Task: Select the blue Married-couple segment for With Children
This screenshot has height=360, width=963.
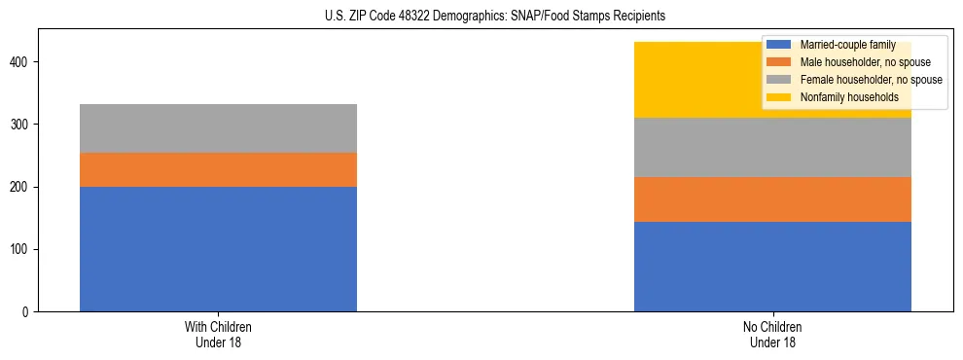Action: point(218,249)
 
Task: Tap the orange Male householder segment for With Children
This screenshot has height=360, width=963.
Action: point(218,169)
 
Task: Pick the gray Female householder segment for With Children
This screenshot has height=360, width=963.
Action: point(218,128)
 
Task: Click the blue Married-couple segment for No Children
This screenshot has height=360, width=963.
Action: point(772,267)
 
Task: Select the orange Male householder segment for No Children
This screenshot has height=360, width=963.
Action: point(772,199)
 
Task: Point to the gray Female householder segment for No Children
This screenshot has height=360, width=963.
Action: point(772,147)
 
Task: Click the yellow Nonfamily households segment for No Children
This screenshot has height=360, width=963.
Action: point(700,80)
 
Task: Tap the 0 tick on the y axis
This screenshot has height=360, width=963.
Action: point(28,312)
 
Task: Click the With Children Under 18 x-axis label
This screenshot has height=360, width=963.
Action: point(218,335)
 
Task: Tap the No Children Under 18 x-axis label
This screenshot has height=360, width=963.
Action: point(772,335)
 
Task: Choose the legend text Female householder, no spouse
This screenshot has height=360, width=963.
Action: point(870,80)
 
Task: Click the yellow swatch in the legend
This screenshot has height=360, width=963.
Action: point(779,97)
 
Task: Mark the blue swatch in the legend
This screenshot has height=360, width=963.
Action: point(779,45)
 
